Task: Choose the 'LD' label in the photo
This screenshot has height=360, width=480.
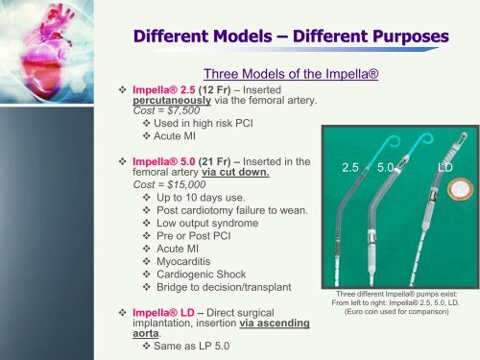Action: [x=445, y=167]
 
